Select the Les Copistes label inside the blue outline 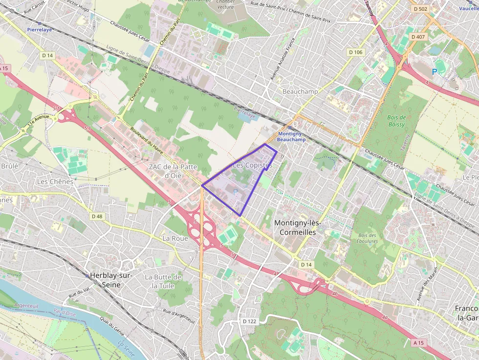(252, 166)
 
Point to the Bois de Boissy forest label (396, 121)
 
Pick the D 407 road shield (418, 37)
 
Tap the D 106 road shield (355, 52)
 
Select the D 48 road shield (97, 216)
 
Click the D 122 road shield (249, 321)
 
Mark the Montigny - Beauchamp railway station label (291, 137)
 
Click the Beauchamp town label (300, 91)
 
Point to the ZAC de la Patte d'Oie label (173, 171)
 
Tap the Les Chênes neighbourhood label (55, 181)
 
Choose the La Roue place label (175, 238)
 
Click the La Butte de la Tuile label (163, 281)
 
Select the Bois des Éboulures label (367, 238)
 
